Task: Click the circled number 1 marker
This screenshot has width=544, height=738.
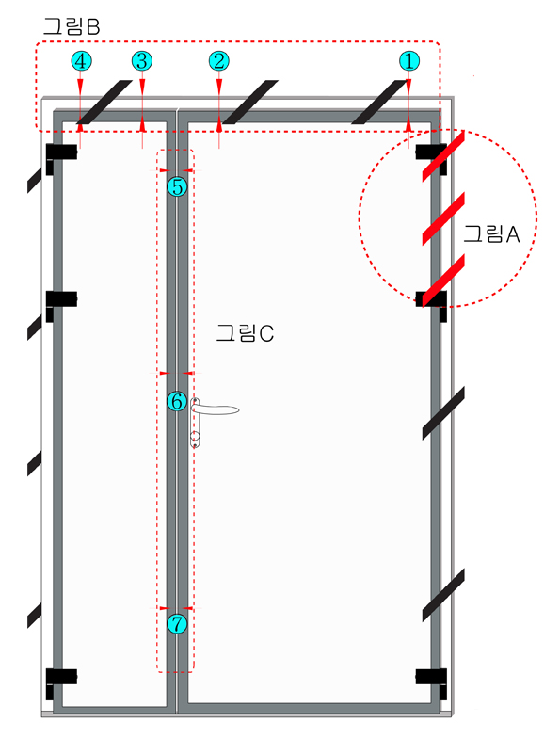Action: (x=408, y=61)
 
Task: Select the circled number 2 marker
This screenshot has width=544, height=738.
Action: (x=218, y=61)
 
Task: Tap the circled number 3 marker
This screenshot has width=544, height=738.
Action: (x=142, y=61)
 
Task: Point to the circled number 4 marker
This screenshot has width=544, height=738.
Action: (x=81, y=61)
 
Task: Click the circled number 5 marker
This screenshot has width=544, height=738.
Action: (x=177, y=186)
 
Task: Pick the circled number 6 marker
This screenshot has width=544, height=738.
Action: (x=177, y=401)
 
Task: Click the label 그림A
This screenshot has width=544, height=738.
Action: (x=491, y=233)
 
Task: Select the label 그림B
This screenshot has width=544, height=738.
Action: (x=72, y=26)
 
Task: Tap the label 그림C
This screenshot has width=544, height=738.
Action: (x=245, y=333)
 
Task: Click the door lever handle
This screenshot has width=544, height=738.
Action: (x=216, y=409)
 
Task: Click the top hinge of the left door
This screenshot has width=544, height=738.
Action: (x=61, y=156)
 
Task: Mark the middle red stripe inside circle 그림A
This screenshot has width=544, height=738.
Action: (x=443, y=218)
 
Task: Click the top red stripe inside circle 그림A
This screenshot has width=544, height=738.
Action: (x=443, y=156)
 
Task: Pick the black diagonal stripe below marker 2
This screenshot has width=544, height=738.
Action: (x=250, y=102)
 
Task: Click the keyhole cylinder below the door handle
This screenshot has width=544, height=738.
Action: (x=195, y=436)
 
